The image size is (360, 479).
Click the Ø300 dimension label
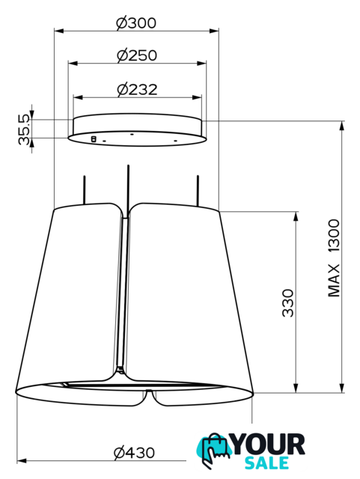coord(136,23)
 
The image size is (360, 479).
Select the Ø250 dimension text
coord(137,55)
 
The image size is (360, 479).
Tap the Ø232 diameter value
coord(137,89)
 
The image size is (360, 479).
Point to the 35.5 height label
coord(25,129)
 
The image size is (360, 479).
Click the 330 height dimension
coord(287,302)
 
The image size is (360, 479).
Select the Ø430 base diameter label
coord(134,452)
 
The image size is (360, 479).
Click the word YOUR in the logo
coord(269,445)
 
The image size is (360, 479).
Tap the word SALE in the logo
coord(266,463)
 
